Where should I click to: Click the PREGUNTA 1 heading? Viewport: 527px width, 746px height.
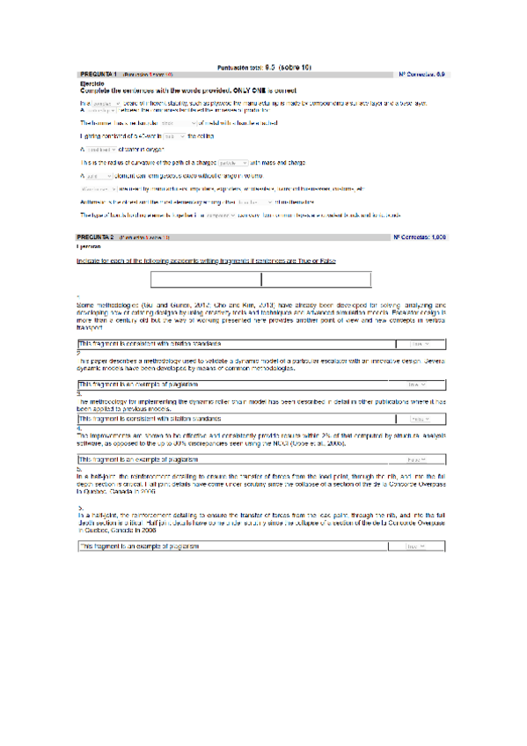(98, 75)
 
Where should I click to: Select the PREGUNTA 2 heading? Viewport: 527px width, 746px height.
(98, 238)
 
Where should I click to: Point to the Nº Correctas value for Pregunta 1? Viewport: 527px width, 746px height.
(440, 75)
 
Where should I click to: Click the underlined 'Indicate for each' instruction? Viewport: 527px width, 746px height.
(206, 261)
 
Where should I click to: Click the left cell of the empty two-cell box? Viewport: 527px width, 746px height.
(206, 281)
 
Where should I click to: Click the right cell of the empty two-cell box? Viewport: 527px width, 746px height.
(317, 281)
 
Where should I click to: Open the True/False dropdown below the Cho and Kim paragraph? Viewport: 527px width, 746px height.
(420, 344)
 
